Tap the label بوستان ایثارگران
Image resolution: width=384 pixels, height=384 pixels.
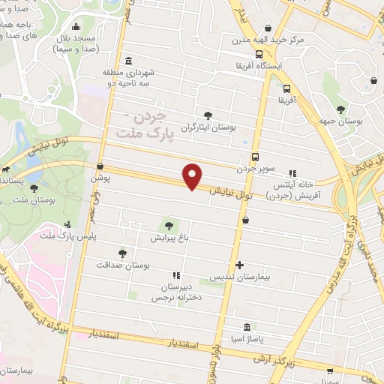(211, 128)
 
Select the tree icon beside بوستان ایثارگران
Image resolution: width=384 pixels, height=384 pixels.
(208, 115)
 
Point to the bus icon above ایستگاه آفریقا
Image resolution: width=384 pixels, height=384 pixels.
(259, 54)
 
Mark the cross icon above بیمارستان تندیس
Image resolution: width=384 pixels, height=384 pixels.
(239, 265)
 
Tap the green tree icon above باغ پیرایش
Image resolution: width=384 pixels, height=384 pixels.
(169, 224)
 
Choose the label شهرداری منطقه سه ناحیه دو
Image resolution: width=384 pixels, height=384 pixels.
(129, 79)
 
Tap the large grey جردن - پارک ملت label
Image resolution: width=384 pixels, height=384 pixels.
(145, 125)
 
